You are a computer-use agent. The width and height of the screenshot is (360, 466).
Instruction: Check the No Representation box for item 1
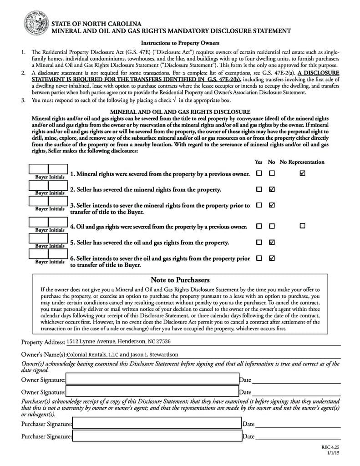coord(302,173)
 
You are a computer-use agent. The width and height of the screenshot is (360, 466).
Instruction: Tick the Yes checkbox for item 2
coord(259,189)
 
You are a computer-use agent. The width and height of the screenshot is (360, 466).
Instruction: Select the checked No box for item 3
coord(272,205)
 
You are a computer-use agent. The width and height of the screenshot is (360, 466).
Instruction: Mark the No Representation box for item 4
coord(302,226)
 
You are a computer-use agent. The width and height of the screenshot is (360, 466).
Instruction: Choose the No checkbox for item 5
coord(272,242)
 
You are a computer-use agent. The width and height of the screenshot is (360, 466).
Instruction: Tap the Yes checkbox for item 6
coord(259,258)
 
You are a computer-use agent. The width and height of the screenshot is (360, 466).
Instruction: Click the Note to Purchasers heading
coord(180,280)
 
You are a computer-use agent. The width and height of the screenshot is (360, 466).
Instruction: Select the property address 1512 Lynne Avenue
coord(118,341)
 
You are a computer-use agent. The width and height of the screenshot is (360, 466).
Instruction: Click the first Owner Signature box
coord(152,379)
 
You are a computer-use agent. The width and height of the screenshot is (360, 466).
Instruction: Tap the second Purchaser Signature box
coord(157,436)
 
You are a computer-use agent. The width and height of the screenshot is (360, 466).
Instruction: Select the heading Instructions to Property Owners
coord(180,43)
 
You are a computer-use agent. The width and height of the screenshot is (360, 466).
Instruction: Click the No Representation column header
coord(302,162)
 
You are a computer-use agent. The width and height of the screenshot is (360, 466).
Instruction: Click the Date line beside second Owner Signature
coord(296,392)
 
